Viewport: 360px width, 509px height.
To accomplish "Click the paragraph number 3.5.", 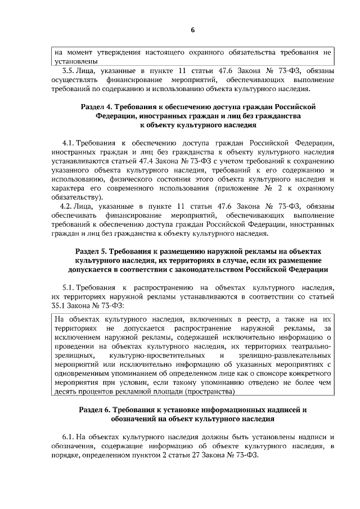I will [68, 71].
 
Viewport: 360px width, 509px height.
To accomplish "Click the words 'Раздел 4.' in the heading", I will [100, 106].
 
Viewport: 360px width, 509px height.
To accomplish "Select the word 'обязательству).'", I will [76, 196].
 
